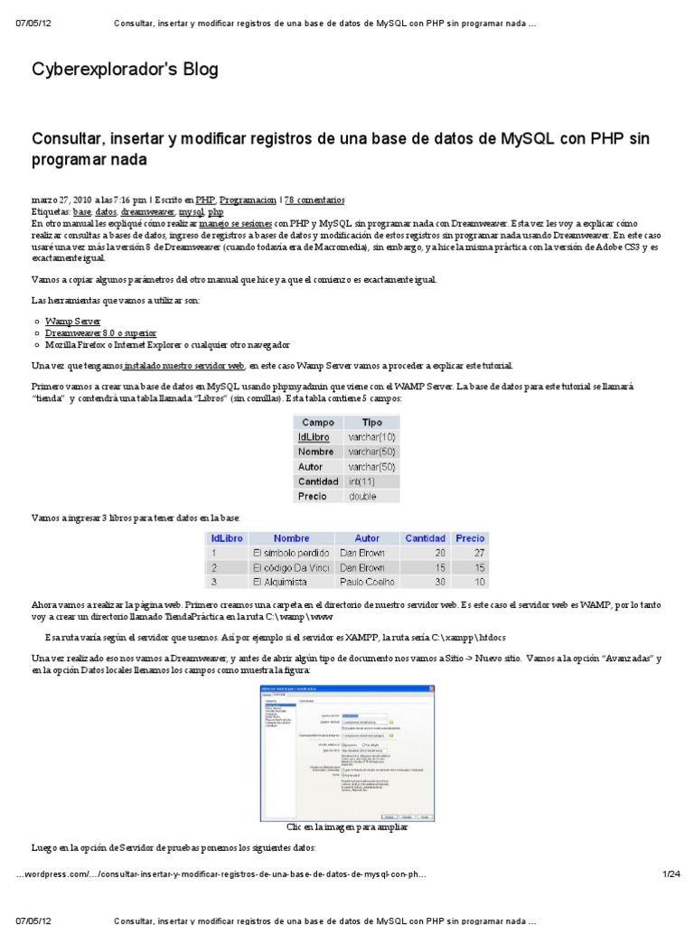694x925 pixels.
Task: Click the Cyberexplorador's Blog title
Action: pyautogui.click(x=125, y=70)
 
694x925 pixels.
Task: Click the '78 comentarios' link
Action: pyautogui.click(x=314, y=200)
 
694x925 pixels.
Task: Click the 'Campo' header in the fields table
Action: pyautogui.click(x=318, y=422)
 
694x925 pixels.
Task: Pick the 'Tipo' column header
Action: pyautogui.click(x=371, y=422)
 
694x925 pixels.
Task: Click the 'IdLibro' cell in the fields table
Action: pyautogui.click(x=314, y=436)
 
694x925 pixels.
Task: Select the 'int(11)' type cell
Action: pyautogui.click(x=366, y=481)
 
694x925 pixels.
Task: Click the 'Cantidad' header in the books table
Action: pyautogui.click(x=425, y=538)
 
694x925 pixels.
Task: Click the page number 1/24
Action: pyautogui.click(x=670, y=874)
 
